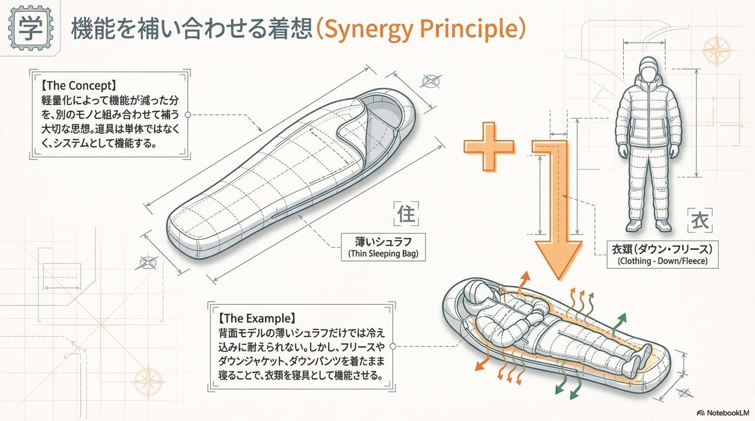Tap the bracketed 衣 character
tap(700, 221)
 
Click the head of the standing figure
tap(648, 68)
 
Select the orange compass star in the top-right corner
tap(717, 50)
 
